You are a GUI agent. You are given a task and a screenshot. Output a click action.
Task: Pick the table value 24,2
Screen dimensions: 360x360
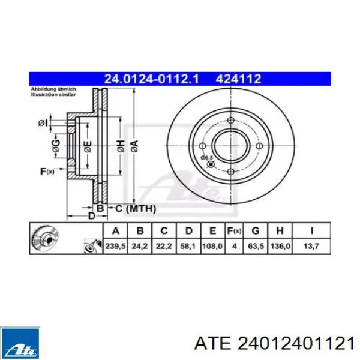(x=140, y=244)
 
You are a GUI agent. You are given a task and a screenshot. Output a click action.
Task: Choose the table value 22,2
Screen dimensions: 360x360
(x=163, y=244)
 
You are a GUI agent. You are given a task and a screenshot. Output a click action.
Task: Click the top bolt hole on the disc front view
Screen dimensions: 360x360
(x=231, y=121)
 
